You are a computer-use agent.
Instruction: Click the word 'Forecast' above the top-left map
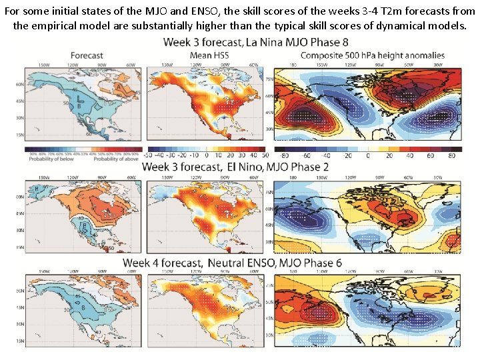coord(87,55)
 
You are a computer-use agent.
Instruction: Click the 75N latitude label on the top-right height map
coord(269,79)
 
